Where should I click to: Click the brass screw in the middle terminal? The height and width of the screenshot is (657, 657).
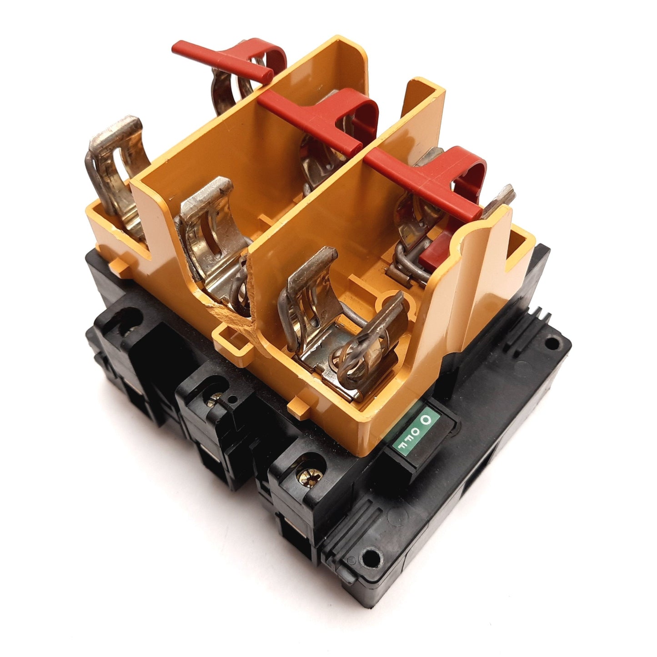(213, 399)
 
